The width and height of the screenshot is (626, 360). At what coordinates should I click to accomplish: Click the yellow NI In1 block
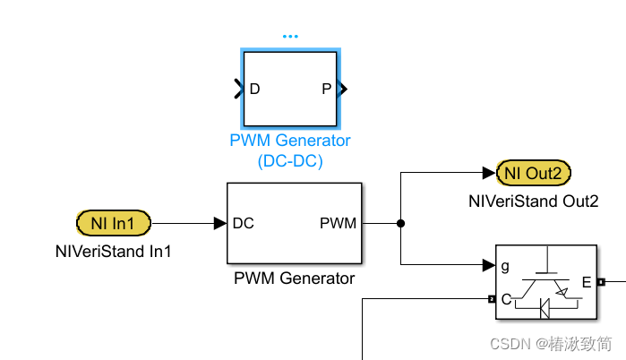pyautogui.click(x=115, y=222)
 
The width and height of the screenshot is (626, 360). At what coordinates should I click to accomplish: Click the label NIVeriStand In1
pyautogui.click(x=114, y=252)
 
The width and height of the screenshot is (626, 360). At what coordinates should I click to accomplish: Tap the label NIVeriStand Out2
pyautogui.click(x=534, y=201)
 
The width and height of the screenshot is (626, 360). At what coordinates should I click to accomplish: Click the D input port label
pyautogui.click(x=255, y=89)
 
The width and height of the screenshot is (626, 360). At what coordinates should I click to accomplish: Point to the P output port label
pyautogui.click(x=326, y=89)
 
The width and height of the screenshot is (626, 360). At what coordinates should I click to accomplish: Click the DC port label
pyautogui.click(x=244, y=223)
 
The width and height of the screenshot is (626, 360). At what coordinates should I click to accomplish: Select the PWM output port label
pyautogui.click(x=338, y=223)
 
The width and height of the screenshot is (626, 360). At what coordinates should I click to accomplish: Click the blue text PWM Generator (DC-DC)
pyautogui.click(x=290, y=151)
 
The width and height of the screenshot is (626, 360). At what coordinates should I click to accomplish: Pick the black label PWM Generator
pyautogui.click(x=295, y=279)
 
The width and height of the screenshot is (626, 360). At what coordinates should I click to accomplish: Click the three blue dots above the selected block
pyautogui.click(x=290, y=37)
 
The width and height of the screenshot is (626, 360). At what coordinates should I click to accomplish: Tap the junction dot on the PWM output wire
pyautogui.click(x=401, y=223)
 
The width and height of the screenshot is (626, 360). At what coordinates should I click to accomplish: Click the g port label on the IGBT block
pyautogui.click(x=506, y=265)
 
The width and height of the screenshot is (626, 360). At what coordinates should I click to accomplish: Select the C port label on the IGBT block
pyautogui.click(x=506, y=299)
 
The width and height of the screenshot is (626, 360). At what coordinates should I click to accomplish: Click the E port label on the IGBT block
pyautogui.click(x=587, y=282)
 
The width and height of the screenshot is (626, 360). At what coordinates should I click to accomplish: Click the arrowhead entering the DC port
pyautogui.click(x=219, y=223)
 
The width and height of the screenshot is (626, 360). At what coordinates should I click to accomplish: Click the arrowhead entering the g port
pyautogui.click(x=489, y=265)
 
